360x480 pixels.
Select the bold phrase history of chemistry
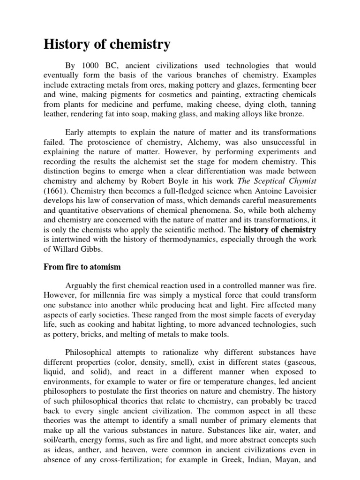coord(280,230)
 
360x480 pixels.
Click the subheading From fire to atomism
coord(82,267)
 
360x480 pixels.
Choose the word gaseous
coord(300,362)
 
